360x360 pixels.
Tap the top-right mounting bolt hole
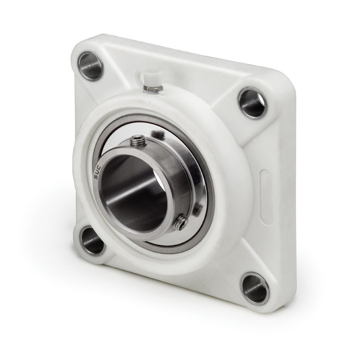[x=252, y=103]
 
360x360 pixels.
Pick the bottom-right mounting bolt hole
[x=254, y=288]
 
